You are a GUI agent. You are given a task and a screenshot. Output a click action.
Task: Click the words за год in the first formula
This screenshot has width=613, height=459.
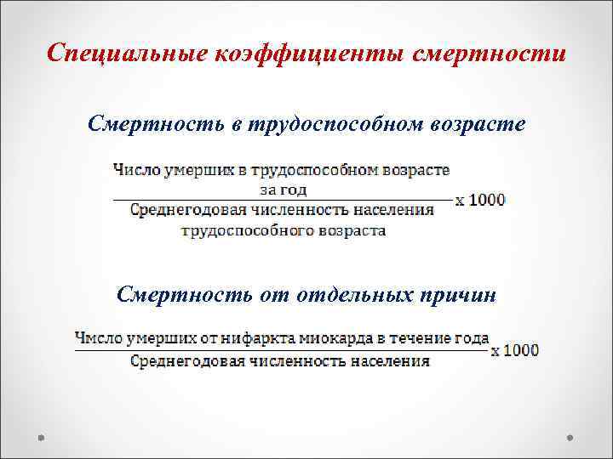pyautogui.click(x=283, y=190)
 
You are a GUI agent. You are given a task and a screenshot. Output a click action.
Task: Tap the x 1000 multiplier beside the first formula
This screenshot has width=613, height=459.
pyautogui.click(x=480, y=201)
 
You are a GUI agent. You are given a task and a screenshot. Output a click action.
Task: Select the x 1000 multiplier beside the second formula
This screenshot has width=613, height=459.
pyautogui.click(x=514, y=350)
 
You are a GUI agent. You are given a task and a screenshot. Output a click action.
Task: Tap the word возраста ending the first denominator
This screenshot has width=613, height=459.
pyautogui.click(x=349, y=230)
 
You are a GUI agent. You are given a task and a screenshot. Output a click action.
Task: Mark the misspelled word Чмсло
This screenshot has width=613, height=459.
pyautogui.click(x=96, y=338)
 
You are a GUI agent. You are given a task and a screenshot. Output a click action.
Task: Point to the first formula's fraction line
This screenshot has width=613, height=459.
pyautogui.click(x=282, y=200)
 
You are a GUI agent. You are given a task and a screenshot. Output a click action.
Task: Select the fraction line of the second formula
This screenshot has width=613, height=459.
pyautogui.click(x=282, y=349)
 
